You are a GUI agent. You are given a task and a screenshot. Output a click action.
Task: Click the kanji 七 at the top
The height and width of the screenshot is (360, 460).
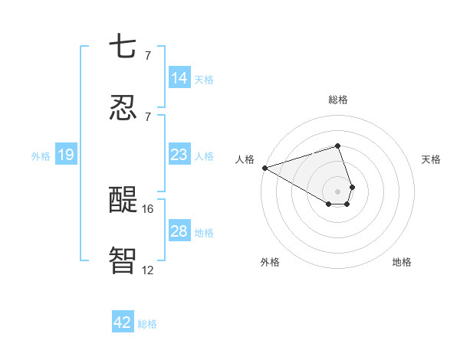123,46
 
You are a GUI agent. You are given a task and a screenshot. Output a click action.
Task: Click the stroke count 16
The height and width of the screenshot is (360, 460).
148,208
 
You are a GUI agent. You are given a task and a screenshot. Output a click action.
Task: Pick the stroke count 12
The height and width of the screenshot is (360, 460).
148,270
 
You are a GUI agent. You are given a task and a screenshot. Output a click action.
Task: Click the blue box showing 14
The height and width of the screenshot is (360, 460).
179,78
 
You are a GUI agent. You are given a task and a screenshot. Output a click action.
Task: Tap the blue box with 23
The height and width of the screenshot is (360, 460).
179,155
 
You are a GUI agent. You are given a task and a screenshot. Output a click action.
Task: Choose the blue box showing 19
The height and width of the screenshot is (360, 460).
66,155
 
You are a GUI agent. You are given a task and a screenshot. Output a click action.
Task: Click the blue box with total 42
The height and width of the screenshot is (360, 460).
123,322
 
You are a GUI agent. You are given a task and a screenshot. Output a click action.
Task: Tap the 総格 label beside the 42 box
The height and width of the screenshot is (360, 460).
147,324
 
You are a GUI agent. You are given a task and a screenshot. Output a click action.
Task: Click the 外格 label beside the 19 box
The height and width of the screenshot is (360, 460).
41,156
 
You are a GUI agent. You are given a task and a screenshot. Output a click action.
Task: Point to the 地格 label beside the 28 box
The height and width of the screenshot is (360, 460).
204,233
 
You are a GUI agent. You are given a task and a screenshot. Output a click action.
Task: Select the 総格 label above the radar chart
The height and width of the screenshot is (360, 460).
338,100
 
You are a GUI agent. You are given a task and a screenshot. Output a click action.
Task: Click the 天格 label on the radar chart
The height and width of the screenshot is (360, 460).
431,159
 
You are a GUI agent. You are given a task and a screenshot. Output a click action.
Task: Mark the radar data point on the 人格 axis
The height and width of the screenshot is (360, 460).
264,168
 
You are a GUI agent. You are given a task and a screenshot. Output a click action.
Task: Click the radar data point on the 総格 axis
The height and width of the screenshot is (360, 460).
337,146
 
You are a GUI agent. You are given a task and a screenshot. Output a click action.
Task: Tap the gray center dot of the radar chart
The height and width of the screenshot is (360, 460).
337,191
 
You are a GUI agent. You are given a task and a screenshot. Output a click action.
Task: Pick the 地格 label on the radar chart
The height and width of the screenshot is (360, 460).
402,262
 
